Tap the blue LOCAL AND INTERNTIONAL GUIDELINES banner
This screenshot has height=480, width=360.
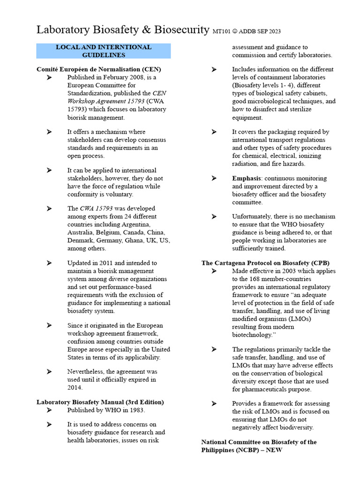coord(104,51)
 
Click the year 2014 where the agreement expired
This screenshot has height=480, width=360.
coord(75,387)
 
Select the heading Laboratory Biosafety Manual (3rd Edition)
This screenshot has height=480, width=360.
coord(100,402)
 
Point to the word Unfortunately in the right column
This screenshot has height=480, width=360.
coord(254,217)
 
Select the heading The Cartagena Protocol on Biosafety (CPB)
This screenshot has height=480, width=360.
coord(265,263)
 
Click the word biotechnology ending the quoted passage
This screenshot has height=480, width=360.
coord(252,335)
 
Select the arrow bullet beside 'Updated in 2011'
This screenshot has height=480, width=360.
coord(49,263)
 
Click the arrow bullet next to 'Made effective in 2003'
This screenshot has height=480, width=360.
coord(214,271)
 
